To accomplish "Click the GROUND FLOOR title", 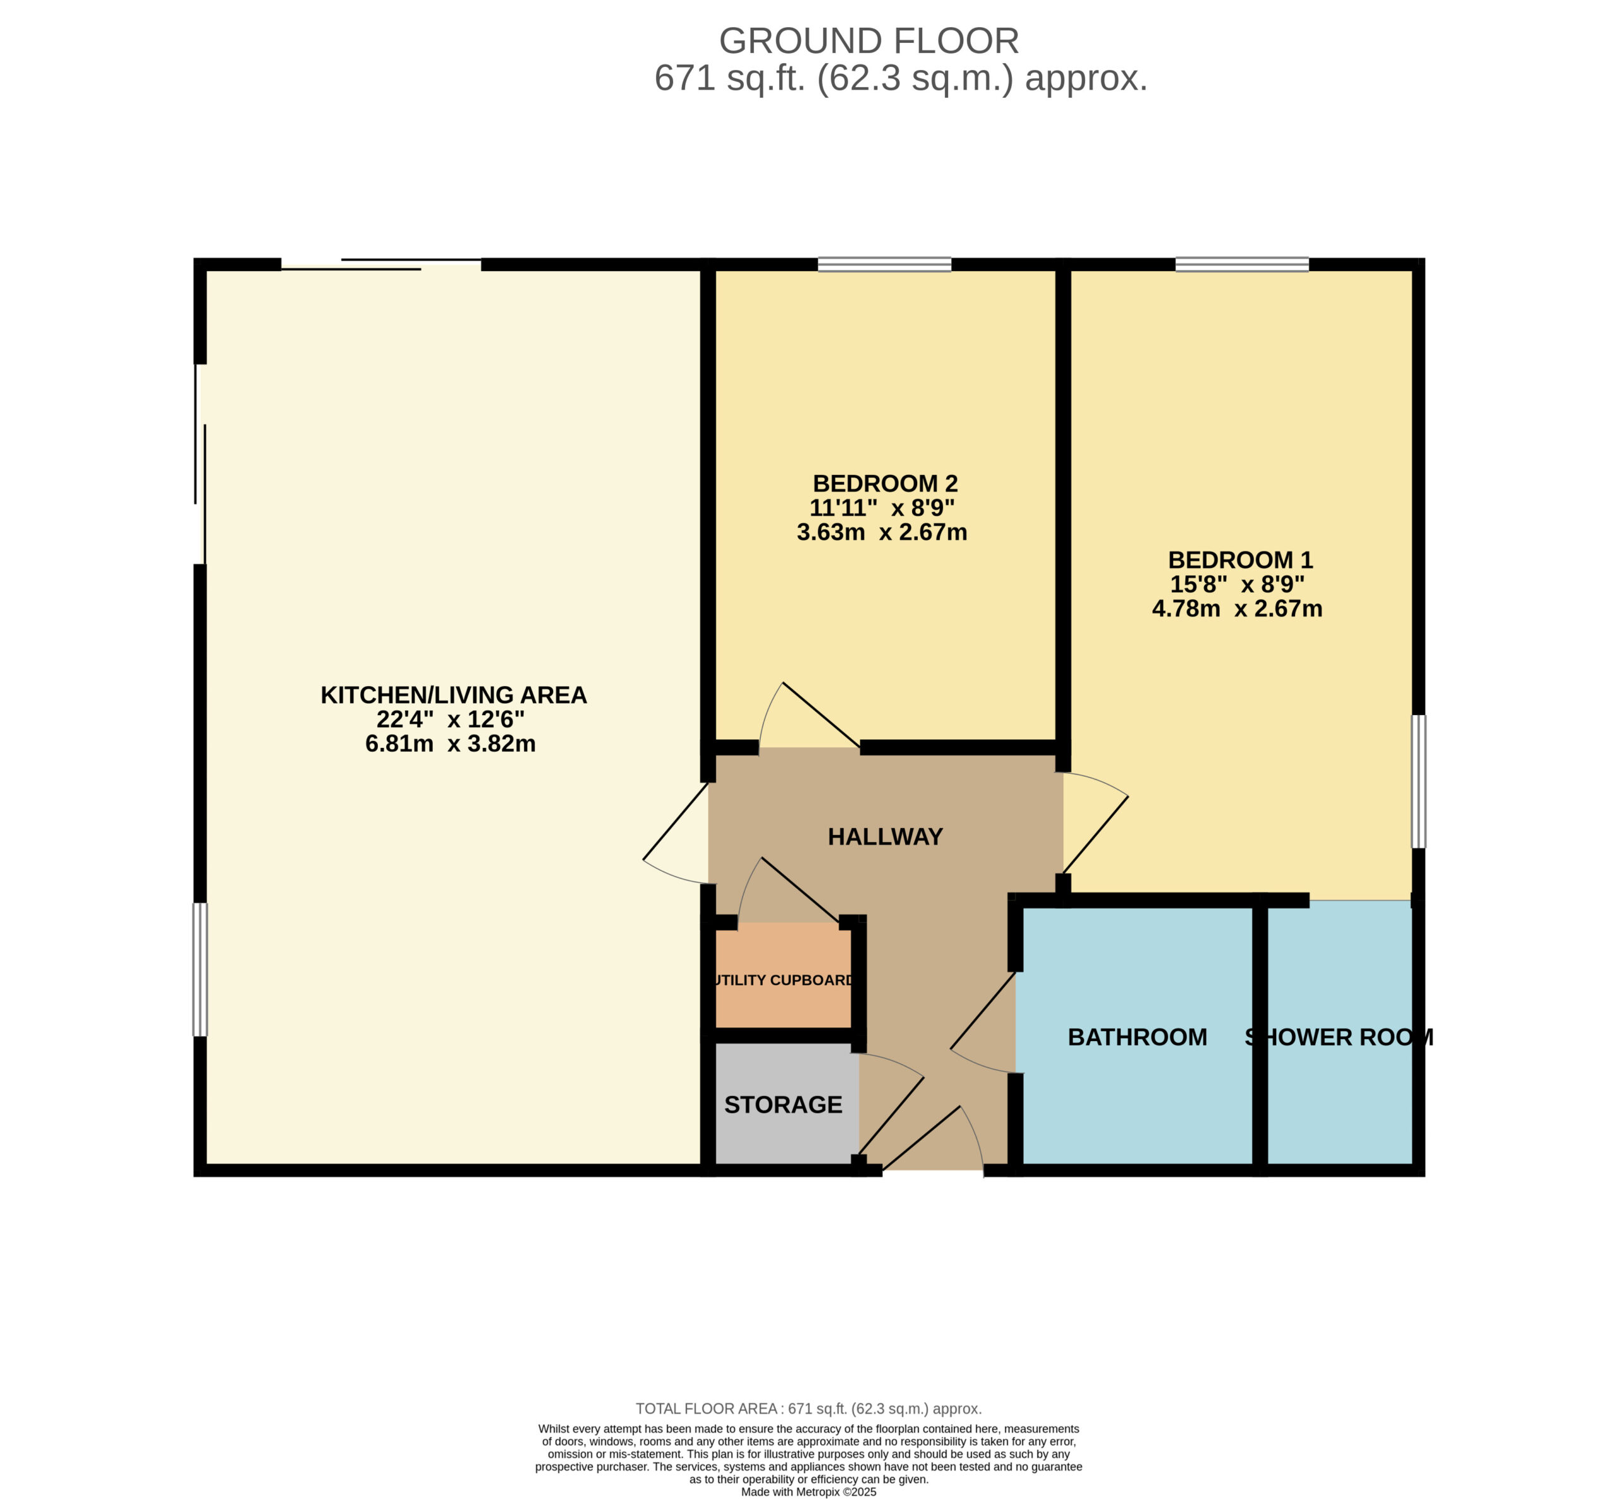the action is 868,41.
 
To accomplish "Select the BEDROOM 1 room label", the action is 1240,560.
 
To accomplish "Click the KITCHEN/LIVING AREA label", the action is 454,695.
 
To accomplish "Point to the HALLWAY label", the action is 885,836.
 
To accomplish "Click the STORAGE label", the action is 783,1105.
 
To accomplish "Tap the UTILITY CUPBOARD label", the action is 783,980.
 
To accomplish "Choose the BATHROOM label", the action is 1137,1037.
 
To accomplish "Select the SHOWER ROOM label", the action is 1339,1037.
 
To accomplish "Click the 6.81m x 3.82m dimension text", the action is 451,744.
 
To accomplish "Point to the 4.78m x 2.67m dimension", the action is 1237,608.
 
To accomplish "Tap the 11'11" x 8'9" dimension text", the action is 882,509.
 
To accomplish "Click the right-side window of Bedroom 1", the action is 1418,781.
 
